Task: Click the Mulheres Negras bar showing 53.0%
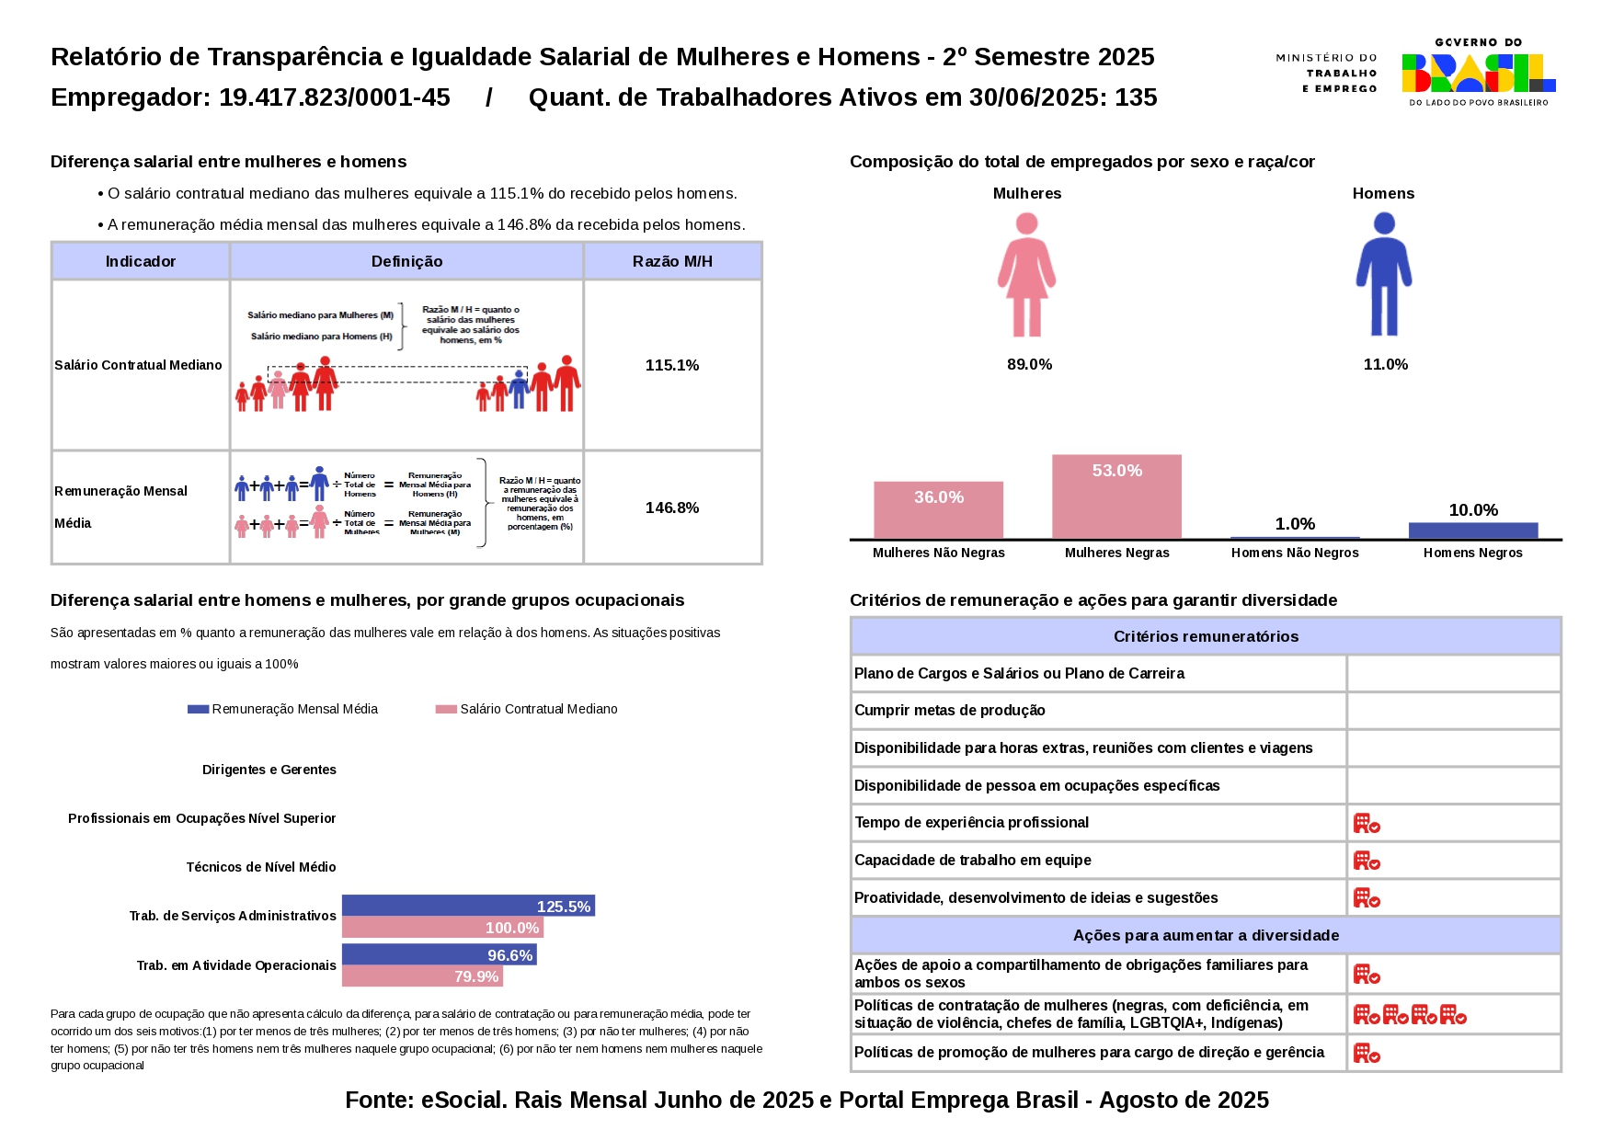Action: coord(1116,496)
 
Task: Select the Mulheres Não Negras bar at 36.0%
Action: coord(938,510)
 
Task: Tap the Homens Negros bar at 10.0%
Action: coord(1472,531)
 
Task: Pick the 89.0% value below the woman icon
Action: coord(1029,364)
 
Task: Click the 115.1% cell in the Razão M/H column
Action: coord(672,365)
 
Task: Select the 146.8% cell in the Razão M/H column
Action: coord(672,508)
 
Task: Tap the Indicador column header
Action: coord(140,261)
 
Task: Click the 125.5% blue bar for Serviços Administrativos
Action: coord(467,906)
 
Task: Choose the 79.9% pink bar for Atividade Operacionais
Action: coord(421,976)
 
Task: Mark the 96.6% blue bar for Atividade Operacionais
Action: coord(439,954)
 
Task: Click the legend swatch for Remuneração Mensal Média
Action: coord(198,709)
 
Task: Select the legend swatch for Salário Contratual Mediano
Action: coord(446,709)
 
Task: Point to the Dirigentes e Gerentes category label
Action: coord(269,770)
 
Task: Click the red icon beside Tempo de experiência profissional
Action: coord(1367,823)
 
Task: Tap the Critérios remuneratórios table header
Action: coord(1205,636)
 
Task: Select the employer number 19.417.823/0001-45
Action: coord(334,97)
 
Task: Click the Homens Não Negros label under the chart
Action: coord(1294,553)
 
